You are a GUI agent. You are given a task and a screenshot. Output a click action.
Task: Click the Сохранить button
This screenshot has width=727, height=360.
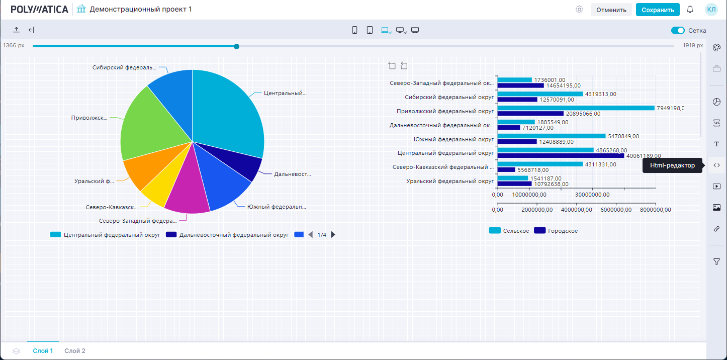click(x=658, y=10)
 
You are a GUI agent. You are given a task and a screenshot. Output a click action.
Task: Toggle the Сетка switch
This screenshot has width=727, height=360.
click(x=678, y=31)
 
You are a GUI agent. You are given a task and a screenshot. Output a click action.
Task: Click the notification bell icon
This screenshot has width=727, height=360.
click(x=690, y=10)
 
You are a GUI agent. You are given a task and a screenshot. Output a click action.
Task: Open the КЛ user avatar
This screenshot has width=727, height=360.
click(x=711, y=10)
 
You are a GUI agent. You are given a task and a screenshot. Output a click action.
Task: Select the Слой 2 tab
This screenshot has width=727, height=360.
click(x=75, y=351)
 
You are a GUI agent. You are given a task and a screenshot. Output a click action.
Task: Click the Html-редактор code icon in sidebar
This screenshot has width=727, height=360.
click(x=717, y=165)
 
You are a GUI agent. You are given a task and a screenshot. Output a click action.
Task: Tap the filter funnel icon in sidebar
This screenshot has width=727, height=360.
click(x=717, y=261)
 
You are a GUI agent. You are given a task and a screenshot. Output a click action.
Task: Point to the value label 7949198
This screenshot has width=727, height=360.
click(x=670, y=108)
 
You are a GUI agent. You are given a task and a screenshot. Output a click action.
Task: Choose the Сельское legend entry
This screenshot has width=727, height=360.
click(x=509, y=231)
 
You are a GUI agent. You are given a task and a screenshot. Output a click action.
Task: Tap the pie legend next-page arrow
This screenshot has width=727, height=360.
click(x=333, y=235)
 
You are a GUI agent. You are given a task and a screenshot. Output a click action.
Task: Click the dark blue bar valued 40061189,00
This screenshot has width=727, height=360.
click(x=561, y=156)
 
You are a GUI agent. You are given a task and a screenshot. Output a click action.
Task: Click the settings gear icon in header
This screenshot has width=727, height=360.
click(x=579, y=10)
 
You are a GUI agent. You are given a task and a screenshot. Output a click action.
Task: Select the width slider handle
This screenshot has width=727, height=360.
click(x=236, y=46)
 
